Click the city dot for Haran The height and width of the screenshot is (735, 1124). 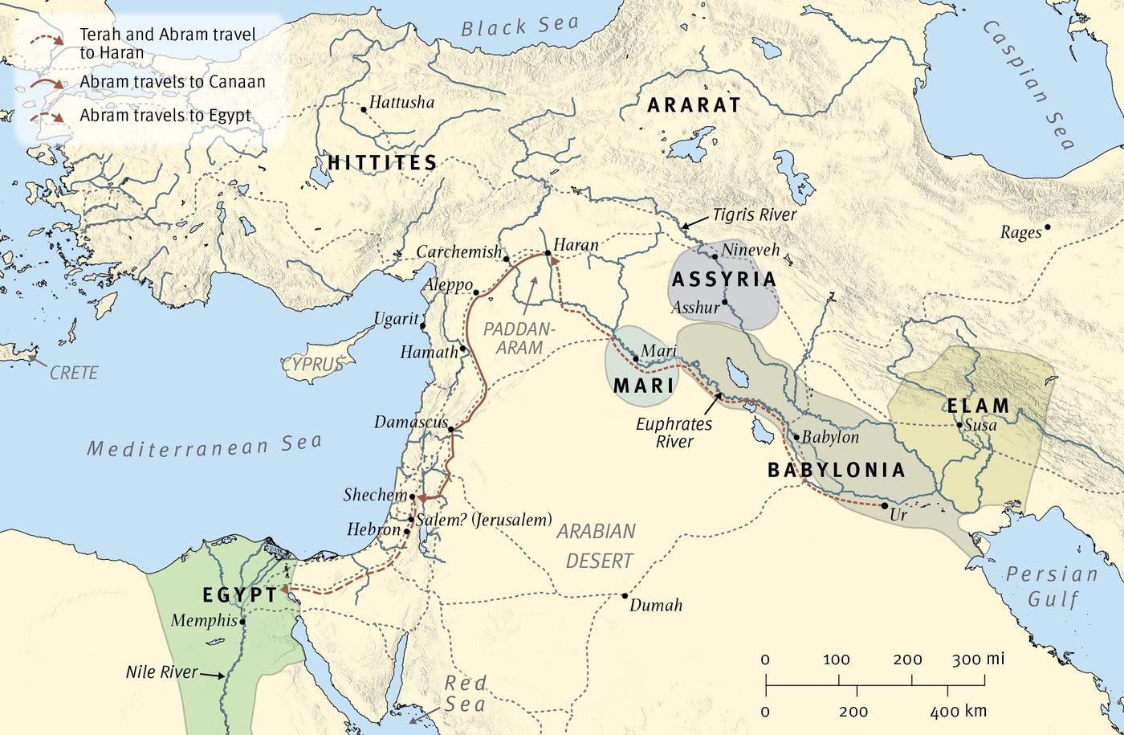point(548,253)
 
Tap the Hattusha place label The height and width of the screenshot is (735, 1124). point(401,102)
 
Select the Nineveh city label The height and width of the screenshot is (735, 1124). point(750,250)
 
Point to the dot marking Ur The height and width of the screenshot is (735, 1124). point(884,505)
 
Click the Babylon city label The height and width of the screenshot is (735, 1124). point(830,437)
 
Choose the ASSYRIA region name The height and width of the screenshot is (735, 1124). point(724,280)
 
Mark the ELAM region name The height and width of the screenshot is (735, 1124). point(978,406)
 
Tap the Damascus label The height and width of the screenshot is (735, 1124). point(410,422)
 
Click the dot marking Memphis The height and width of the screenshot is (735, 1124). point(242,621)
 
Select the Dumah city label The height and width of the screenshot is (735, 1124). point(656,606)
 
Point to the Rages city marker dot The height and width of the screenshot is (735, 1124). point(1047,227)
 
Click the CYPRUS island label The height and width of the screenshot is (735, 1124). point(312,365)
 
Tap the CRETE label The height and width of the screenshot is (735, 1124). point(74,373)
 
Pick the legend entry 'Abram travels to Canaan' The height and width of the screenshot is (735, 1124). point(172,82)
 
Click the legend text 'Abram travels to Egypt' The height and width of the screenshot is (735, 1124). point(165,115)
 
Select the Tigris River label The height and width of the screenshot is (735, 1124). point(754,214)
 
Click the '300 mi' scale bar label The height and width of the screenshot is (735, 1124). point(978,659)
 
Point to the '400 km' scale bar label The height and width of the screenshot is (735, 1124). point(958,711)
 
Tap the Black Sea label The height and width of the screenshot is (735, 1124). point(519,27)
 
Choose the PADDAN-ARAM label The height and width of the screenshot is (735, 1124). point(519,338)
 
